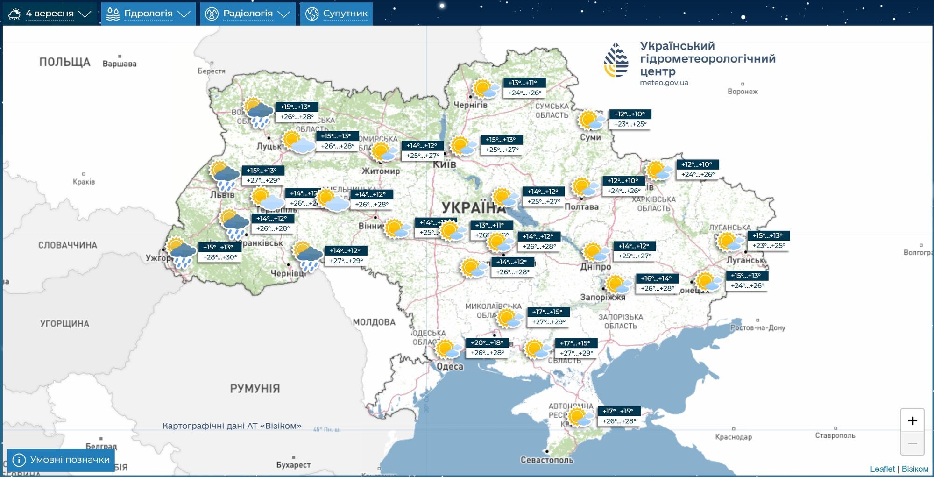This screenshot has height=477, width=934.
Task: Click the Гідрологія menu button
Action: (148, 14)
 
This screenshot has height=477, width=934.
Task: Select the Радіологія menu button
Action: (248, 14)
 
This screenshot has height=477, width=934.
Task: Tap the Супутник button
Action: (336, 14)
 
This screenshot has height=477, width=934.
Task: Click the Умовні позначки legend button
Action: (61, 460)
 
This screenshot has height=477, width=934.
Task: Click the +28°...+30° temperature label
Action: (220, 257)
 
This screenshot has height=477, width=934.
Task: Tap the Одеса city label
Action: (450, 367)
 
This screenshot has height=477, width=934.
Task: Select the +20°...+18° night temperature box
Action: (487, 342)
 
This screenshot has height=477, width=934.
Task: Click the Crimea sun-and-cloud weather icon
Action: (580, 417)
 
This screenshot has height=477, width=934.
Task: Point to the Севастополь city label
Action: (547, 460)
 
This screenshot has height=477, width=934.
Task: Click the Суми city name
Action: (590, 137)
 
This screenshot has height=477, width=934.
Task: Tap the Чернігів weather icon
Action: (485, 88)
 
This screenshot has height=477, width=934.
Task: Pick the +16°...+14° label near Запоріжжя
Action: (656, 278)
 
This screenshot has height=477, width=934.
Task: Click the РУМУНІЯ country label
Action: (255, 389)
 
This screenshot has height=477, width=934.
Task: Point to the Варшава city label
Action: (120, 64)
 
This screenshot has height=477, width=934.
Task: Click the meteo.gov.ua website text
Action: (664, 83)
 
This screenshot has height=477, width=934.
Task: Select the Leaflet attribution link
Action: (882, 469)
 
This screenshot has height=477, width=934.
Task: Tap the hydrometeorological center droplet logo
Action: (616, 60)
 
